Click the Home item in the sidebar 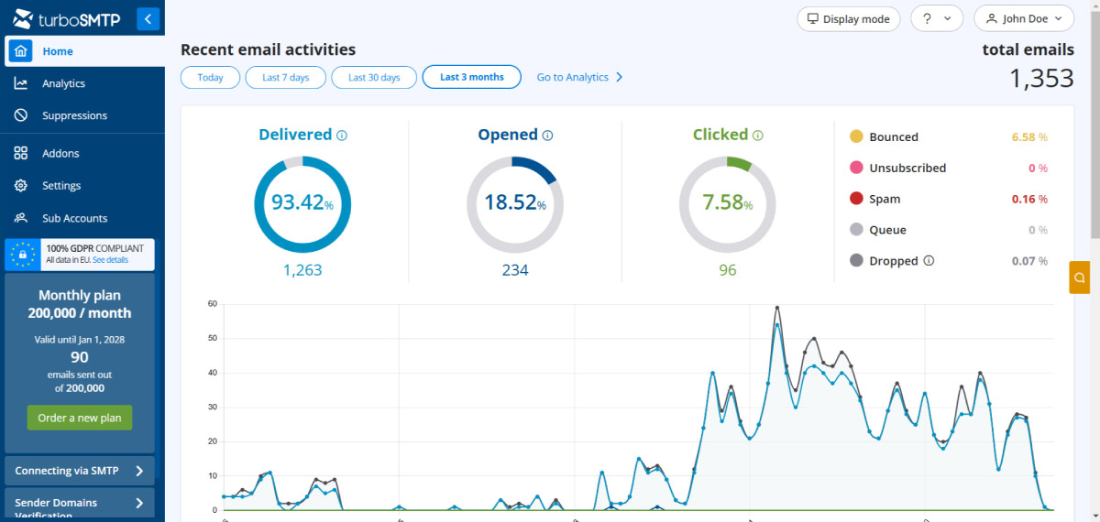[x=57, y=51]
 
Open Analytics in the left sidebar [x=62, y=83]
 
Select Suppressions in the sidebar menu [x=73, y=115]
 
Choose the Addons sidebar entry [x=60, y=153]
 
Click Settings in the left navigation [x=60, y=185]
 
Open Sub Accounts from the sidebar [x=73, y=218]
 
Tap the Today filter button [x=210, y=78]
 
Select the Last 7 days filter [x=285, y=78]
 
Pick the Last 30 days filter [x=374, y=78]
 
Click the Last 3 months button [x=471, y=78]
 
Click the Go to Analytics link [x=579, y=78]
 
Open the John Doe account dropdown [x=1023, y=18]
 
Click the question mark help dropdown [x=936, y=18]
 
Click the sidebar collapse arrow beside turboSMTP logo [x=148, y=18]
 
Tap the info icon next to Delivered [x=342, y=136]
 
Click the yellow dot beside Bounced [x=856, y=136]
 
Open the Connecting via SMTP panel [x=79, y=471]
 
